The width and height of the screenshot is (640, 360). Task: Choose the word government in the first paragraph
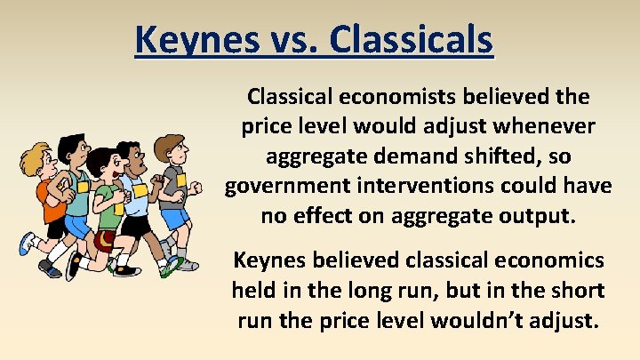[282, 186]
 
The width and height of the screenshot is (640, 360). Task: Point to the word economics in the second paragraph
[555, 260]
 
